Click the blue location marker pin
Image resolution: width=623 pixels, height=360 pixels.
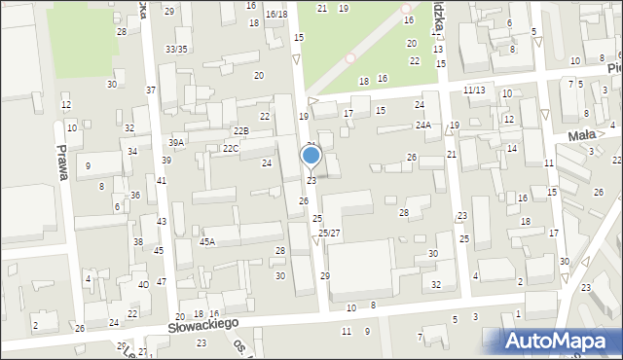click(311, 157)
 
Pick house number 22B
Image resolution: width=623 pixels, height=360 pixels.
click(239, 130)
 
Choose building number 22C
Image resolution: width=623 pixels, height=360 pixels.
click(231, 148)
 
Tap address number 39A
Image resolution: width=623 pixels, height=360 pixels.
click(177, 142)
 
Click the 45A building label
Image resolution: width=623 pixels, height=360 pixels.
click(207, 241)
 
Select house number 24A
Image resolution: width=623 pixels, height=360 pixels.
click(423, 125)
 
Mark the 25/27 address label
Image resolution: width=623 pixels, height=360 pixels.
click(329, 233)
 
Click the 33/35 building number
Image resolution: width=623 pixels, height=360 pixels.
click(176, 49)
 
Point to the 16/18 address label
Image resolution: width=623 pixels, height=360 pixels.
click(276, 14)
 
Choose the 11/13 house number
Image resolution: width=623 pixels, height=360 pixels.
click(474, 90)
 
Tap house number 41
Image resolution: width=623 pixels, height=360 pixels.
click(162, 181)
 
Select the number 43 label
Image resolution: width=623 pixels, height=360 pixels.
click(162, 222)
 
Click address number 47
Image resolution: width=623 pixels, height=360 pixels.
click(161, 281)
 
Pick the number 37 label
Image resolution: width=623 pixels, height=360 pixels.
click(151, 90)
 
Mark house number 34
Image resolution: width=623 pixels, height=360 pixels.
click(132, 152)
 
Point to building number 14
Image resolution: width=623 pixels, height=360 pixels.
click(511, 148)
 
